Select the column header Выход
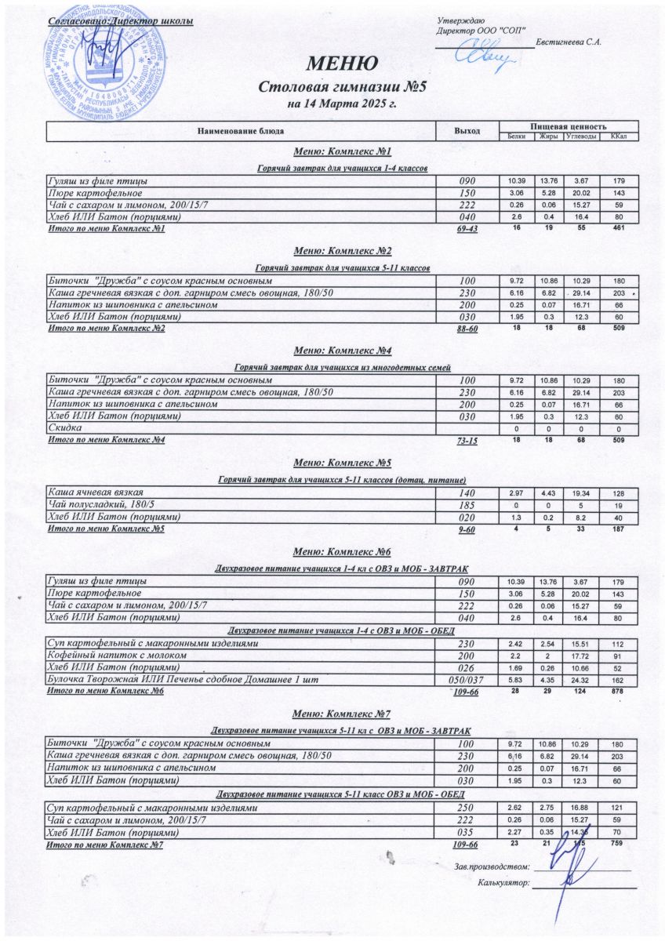[x=467, y=130]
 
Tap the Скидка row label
[x=65, y=428]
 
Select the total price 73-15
[x=467, y=442]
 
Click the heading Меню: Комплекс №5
[x=341, y=463]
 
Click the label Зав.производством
[x=491, y=866]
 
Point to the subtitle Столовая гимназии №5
[x=341, y=85]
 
